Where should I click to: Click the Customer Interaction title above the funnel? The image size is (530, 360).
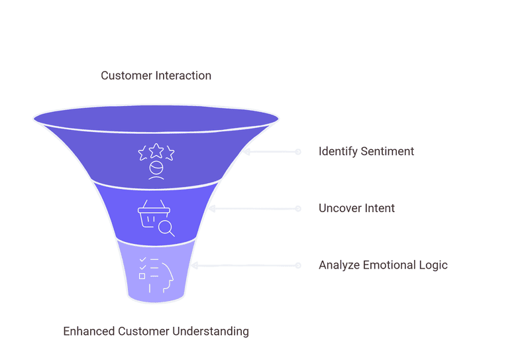[x=156, y=76]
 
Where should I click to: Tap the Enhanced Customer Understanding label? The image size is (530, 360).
[x=156, y=331]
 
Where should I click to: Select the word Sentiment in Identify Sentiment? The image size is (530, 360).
[x=388, y=151]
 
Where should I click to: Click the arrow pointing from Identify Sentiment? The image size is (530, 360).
[x=272, y=152]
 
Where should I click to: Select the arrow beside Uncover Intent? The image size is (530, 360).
[x=255, y=208]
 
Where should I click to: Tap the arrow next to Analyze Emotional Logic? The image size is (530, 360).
[x=245, y=265]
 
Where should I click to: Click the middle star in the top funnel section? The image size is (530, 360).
[x=156, y=149]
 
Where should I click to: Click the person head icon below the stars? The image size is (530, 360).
[x=156, y=170]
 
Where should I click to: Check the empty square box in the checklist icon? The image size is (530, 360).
[x=142, y=276]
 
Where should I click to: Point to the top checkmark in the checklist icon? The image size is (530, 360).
[x=142, y=259]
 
